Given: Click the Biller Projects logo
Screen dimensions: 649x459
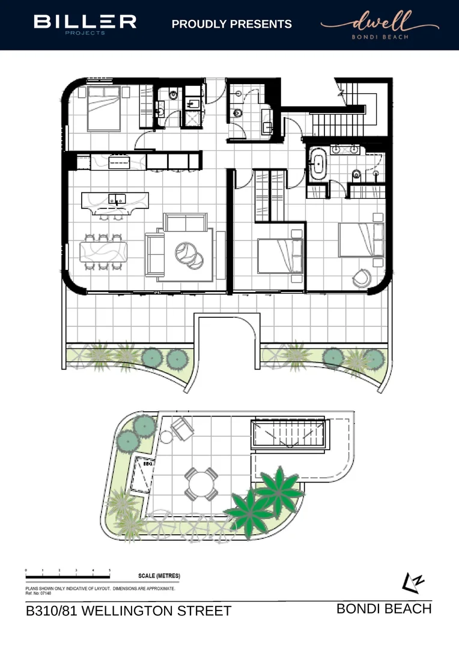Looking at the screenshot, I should pos(85,23).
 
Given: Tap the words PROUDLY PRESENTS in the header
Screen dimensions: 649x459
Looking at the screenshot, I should pos(232,24).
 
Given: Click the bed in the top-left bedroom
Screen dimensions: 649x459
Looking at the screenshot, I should pos(103,109).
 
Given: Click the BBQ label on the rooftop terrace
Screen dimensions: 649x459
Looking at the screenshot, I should pos(144,464).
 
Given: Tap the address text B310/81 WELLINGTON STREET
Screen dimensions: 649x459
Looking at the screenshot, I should pos(129,612).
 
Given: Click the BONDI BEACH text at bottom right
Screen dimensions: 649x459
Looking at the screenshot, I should pos(384,609).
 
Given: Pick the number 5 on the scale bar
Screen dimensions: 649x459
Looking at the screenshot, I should pos(109,570).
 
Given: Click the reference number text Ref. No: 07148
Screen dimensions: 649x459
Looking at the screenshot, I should pos(38,593).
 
